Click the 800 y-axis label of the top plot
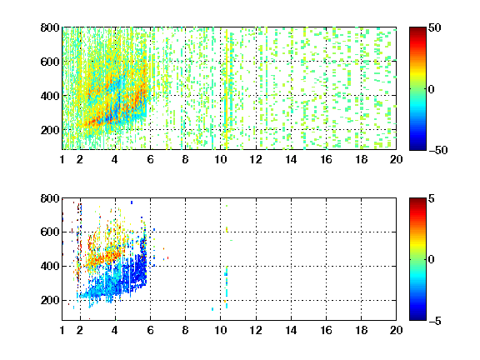tap(50, 27)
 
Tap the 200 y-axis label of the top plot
tap(50, 130)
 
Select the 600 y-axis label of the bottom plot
tap(50, 232)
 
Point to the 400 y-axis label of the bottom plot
tap(50, 266)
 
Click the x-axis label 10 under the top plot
tap(220, 159)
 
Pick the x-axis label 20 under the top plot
tap(396, 159)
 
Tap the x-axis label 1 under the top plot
tap(62, 159)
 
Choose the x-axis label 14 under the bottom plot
tap(291, 330)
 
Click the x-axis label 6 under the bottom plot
tap(150, 330)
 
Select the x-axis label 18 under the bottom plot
tap(361, 330)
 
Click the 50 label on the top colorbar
tap(435, 27)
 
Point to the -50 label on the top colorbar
tap(438, 150)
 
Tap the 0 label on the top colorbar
tap(432, 89)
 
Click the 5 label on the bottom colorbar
tap(432, 198)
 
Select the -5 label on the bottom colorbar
tap(435, 321)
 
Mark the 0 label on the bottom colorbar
tap(432, 260)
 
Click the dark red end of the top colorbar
tap(417, 30)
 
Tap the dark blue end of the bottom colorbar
tap(417, 317)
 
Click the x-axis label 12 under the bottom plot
tap(256, 330)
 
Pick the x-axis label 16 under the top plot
tap(326, 159)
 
